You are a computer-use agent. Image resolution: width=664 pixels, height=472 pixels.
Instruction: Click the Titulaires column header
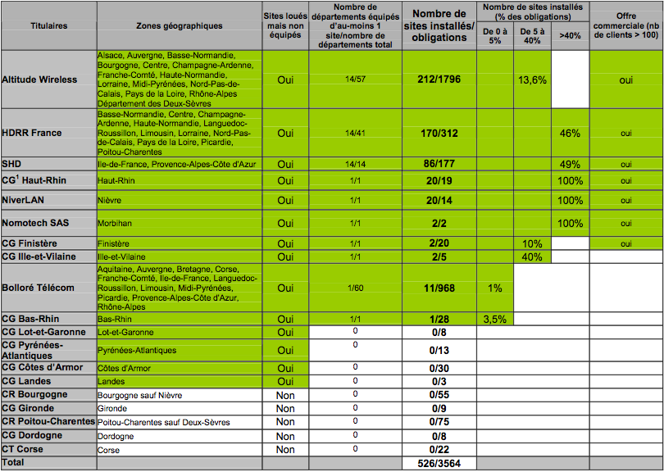(48, 25)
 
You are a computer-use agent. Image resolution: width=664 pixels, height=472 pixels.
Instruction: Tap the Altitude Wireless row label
(40, 79)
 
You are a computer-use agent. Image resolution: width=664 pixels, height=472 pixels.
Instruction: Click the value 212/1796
(439, 79)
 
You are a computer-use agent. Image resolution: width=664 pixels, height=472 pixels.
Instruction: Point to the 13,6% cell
(532, 79)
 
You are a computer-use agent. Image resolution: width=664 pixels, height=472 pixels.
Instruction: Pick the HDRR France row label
(32, 133)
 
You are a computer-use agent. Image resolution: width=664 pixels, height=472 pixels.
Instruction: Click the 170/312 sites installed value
(439, 133)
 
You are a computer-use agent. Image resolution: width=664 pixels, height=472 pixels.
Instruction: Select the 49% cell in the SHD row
(570, 164)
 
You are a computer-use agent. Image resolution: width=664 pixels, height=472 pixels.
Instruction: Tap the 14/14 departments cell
(355, 164)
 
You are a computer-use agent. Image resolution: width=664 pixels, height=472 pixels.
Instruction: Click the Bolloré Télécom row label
(39, 288)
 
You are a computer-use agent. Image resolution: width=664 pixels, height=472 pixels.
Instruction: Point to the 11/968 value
(439, 288)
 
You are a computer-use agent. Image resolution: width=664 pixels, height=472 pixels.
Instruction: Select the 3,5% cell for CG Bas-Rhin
(494, 319)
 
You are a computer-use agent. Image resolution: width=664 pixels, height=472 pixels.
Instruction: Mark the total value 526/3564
(439, 464)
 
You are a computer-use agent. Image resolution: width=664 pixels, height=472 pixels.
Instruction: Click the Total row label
(15, 463)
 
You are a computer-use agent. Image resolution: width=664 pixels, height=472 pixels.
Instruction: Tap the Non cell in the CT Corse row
(285, 450)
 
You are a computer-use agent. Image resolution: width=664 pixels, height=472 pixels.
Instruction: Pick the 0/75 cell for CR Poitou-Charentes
(439, 422)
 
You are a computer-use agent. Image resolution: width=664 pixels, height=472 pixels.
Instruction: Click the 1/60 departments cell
(355, 288)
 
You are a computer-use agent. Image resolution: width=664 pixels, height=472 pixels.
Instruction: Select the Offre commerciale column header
(625, 25)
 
